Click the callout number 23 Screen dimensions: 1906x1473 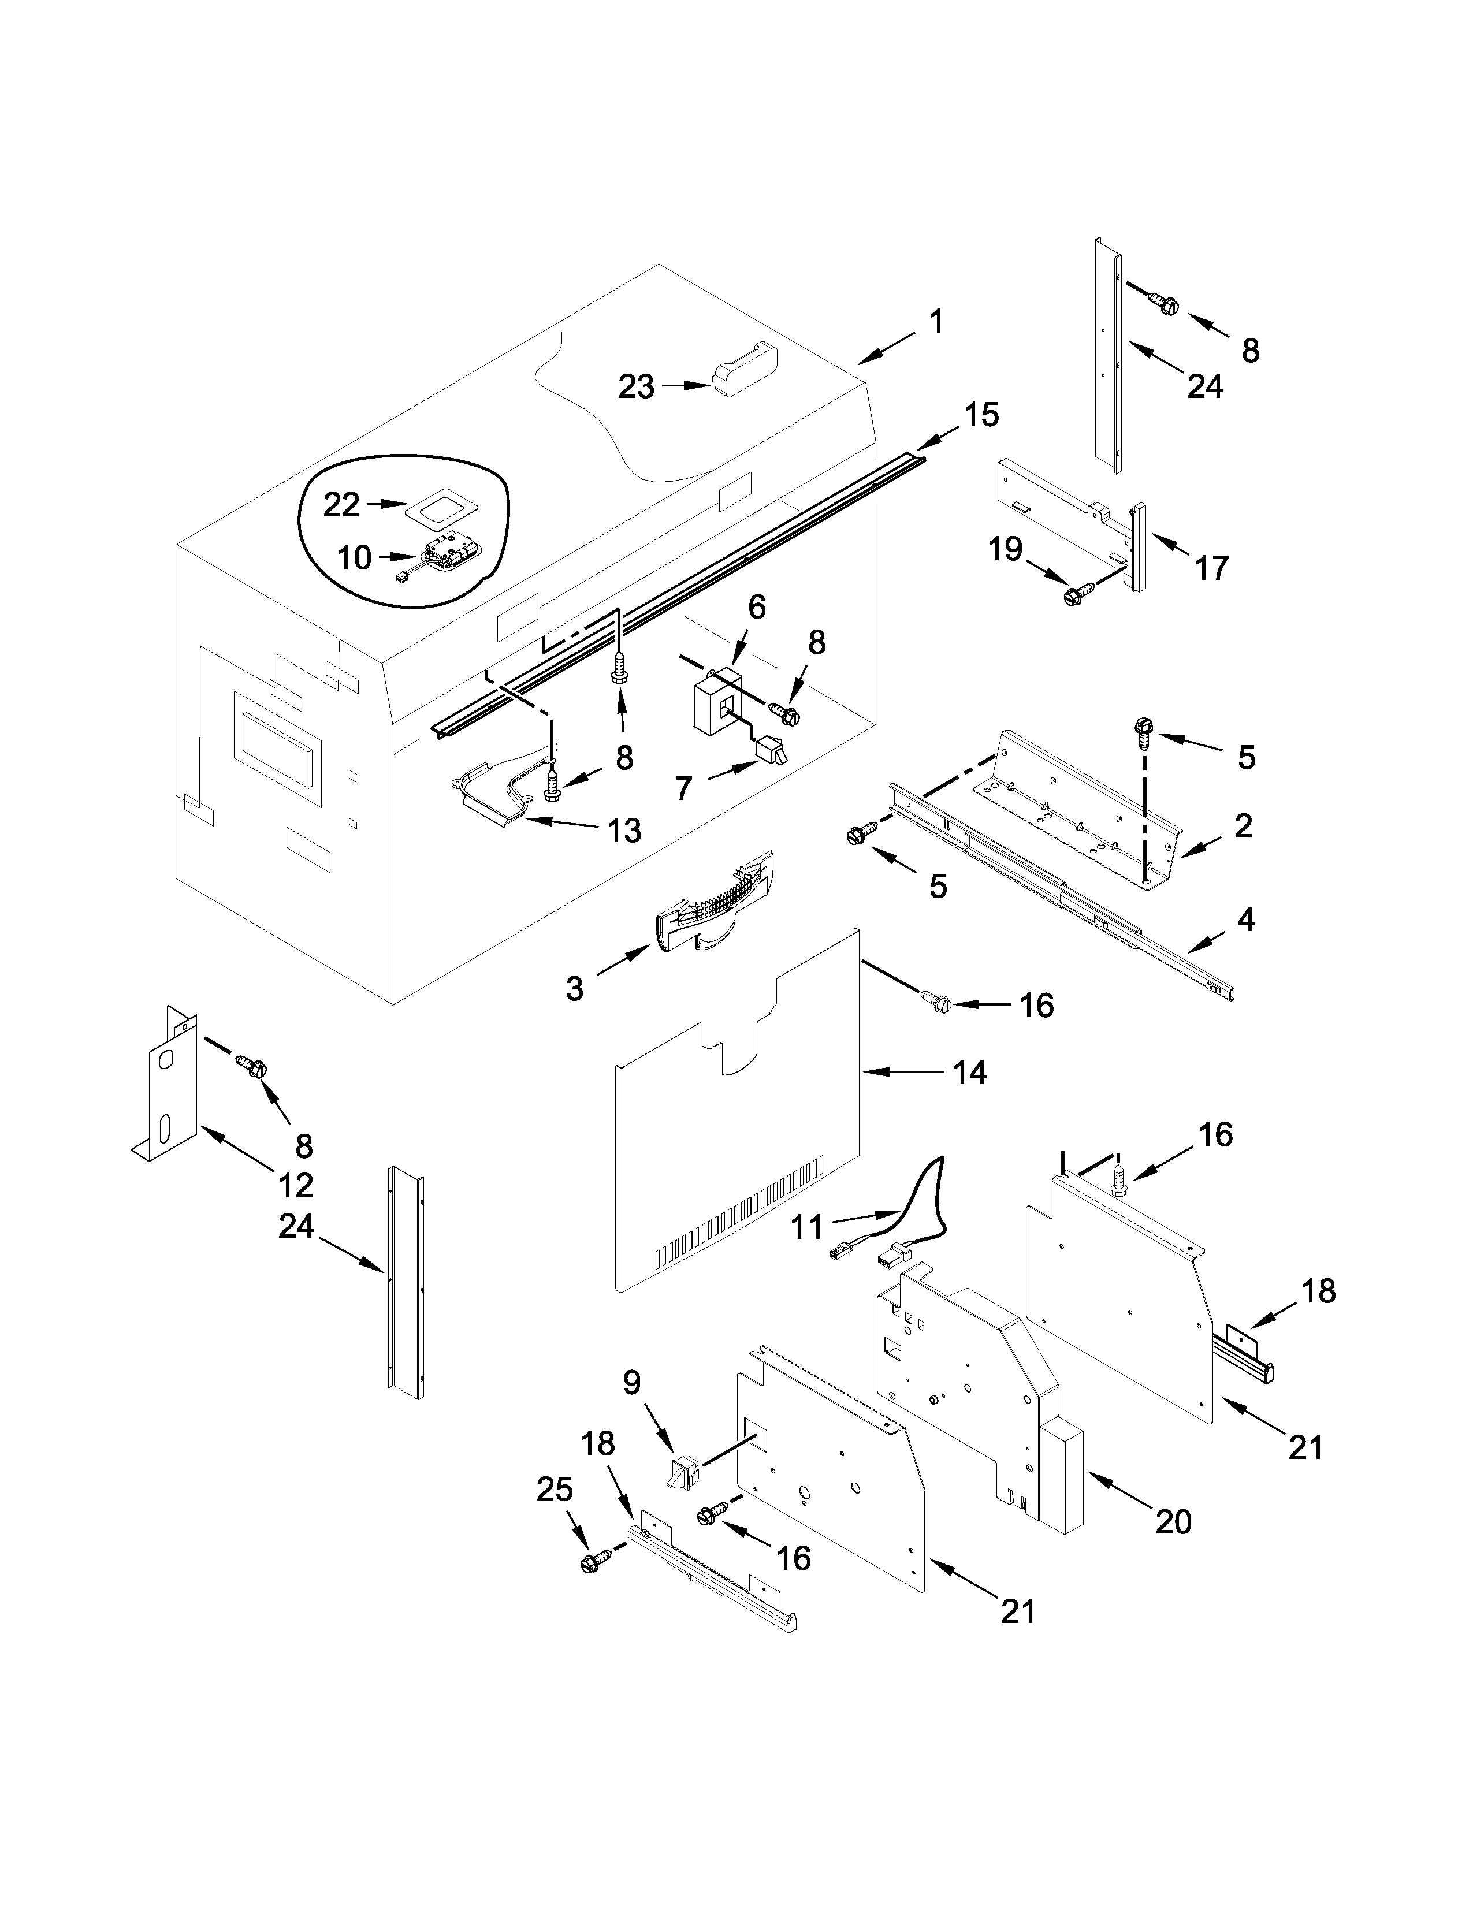[x=636, y=386]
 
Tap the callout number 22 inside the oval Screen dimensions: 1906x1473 [x=341, y=504]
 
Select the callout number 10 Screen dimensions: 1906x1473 [x=354, y=558]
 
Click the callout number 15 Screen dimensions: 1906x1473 [x=981, y=415]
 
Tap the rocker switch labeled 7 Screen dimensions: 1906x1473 [x=771, y=751]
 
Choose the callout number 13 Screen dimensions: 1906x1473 [x=623, y=830]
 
